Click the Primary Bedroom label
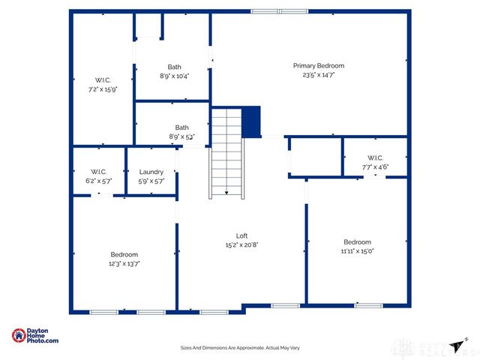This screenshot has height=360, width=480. pyautogui.click(x=319, y=66)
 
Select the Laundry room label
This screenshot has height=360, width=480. pyautogui.click(x=151, y=172)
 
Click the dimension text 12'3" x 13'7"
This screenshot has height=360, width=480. pyautogui.click(x=124, y=263)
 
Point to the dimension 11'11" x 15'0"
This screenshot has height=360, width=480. pyautogui.click(x=357, y=251)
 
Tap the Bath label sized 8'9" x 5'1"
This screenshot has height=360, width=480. pyautogui.click(x=182, y=127)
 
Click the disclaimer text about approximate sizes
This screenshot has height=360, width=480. pyautogui.click(x=240, y=348)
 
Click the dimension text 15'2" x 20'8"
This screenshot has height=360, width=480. pyautogui.click(x=242, y=245)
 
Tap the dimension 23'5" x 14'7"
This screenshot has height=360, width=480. pyautogui.click(x=319, y=75)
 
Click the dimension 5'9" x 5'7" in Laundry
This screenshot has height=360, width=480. pyautogui.click(x=151, y=181)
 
